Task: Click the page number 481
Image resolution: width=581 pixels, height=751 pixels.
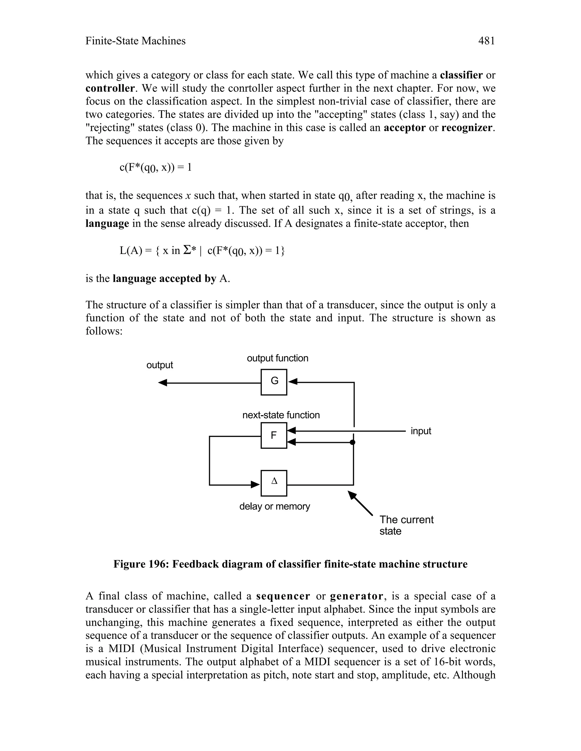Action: tap(486, 41)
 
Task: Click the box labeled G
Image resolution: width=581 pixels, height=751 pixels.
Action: tap(274, 382)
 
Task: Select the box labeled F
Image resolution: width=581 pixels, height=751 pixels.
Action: tap(274, 436)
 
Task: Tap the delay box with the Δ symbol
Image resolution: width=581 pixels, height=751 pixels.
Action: tap(274, 483)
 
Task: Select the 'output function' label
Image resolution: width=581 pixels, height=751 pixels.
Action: tap(277, 358)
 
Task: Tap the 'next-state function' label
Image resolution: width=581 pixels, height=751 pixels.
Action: tap(281, 415)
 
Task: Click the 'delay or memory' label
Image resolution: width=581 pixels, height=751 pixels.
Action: tap(275, 506)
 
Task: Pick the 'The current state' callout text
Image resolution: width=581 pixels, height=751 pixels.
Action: tap(406, 525)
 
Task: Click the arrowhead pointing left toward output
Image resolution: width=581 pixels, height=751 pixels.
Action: tap(163, 383)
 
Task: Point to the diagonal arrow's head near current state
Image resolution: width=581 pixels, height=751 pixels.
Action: tap(352, 495)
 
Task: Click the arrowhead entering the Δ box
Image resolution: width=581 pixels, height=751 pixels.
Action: tap(255, 485)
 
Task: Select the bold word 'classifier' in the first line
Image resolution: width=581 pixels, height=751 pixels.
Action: tap(461, 75)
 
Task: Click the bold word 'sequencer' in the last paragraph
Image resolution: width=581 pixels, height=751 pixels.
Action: tap(283, 596)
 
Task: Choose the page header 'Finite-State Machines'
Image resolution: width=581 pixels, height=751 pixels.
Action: tap(135, 41)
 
